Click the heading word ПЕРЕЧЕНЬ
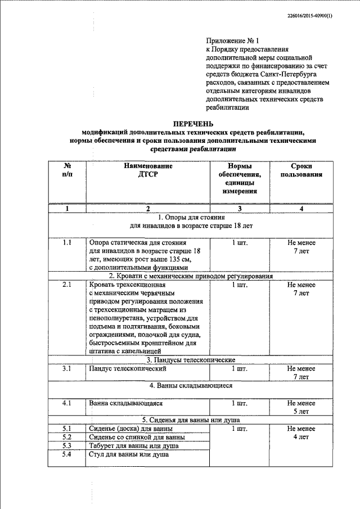point(192,124)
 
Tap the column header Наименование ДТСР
point(148,170)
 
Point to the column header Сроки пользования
point(301,170)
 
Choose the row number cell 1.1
point(67,242)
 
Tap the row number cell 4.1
point(67,403)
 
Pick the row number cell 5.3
point(67,445)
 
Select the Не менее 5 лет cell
point(301,407)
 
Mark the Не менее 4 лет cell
point(301,433)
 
